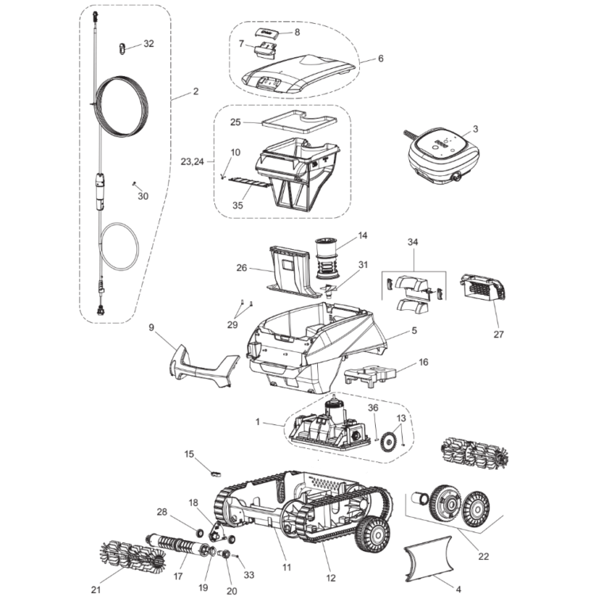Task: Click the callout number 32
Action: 148,44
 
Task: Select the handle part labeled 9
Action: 202,367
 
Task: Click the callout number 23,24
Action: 191,161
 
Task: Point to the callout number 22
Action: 484,557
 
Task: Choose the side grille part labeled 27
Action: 483,288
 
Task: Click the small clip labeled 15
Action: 213,472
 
